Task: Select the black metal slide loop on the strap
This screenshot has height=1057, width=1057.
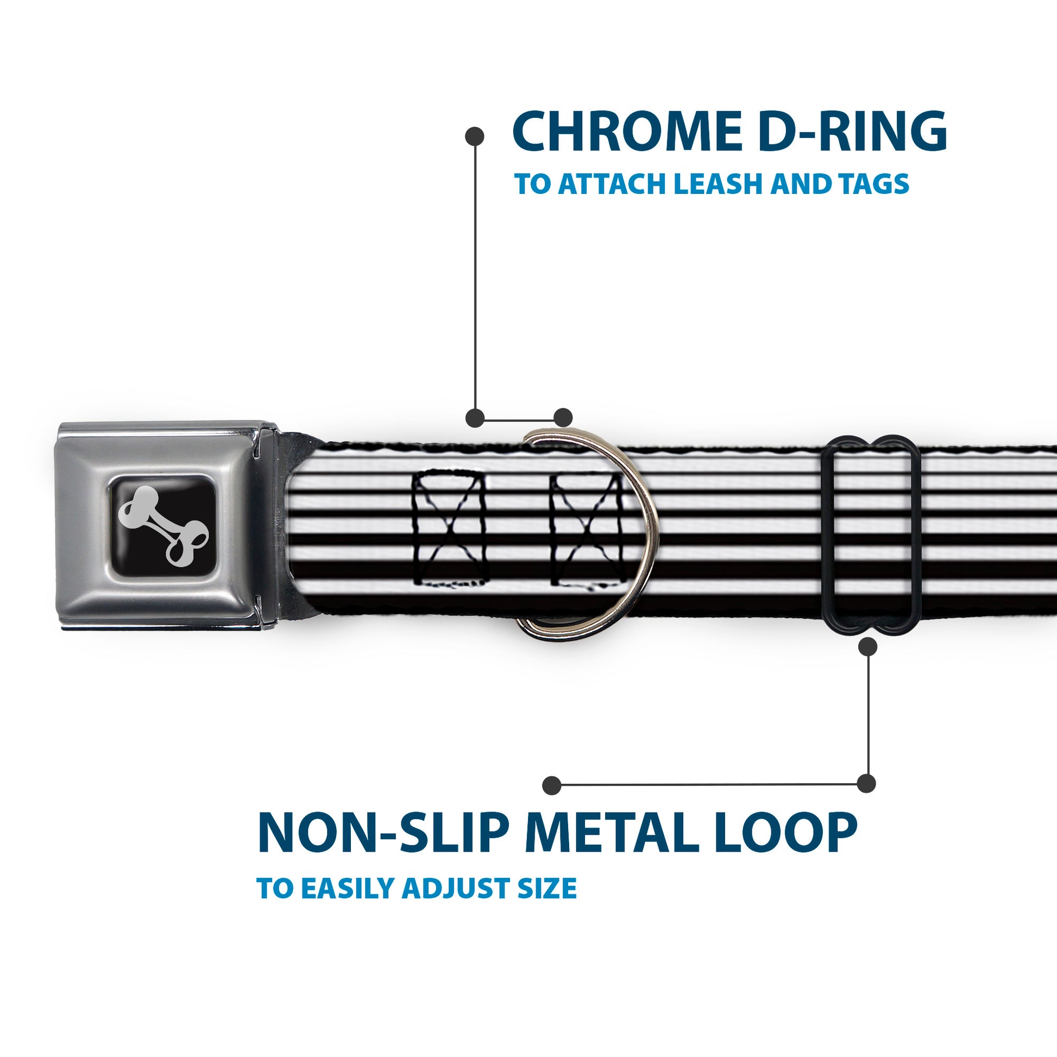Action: (x=872, y=535)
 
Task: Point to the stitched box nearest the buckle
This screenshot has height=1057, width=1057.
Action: (x=450, y=529)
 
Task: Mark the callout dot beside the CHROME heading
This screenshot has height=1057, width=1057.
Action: (x=474, y=137)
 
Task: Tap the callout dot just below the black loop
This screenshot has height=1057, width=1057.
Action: (x=867, y=647)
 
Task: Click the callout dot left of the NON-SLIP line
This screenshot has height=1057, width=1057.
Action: (x=552, y=785)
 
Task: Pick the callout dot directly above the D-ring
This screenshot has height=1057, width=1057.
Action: (x=563, y=418)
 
